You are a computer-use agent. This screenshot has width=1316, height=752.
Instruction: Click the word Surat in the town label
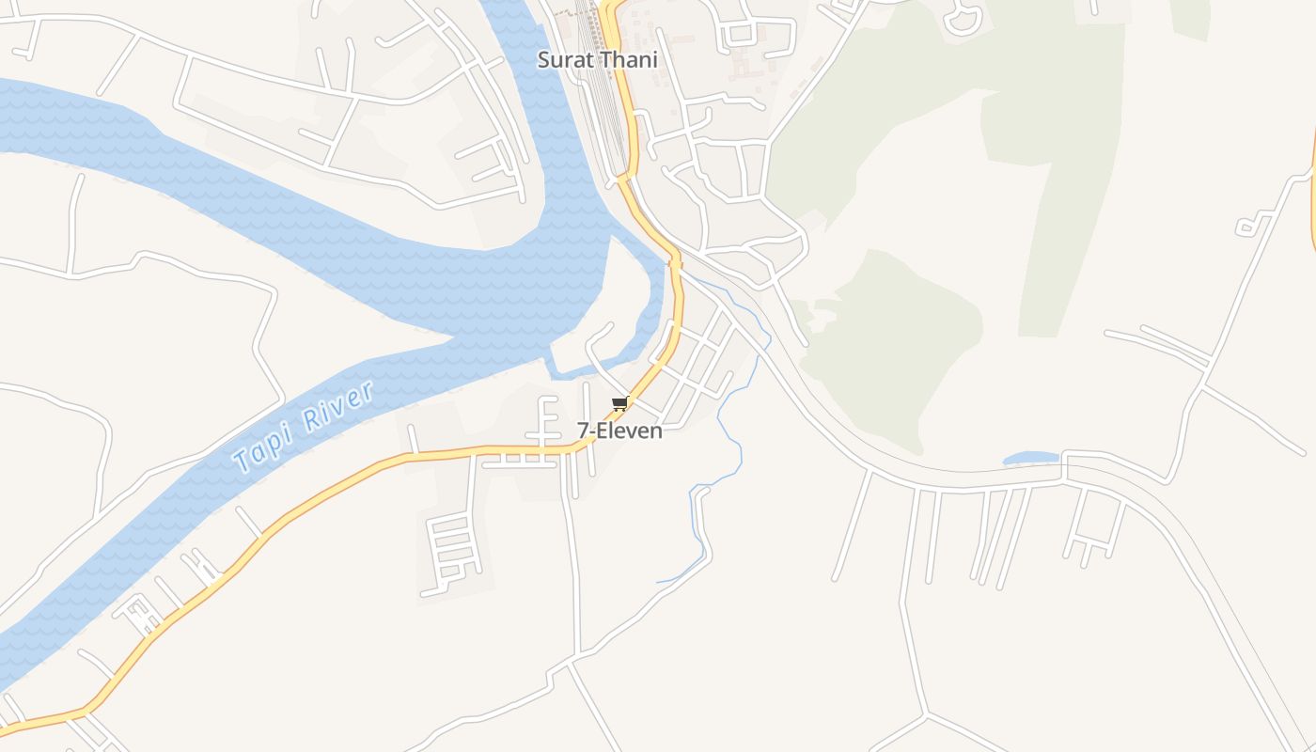[562, 60]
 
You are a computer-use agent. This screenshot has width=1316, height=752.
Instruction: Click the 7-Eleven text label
[619, 431]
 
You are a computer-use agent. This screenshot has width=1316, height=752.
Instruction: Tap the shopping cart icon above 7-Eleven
[619, 404]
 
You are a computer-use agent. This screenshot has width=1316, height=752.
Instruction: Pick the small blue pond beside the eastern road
[1030, 459]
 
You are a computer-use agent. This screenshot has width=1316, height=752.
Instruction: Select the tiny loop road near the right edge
[1247, 227]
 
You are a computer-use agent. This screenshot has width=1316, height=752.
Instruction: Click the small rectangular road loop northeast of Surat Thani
[741, 35]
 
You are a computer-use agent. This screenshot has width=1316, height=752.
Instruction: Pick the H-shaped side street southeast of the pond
[1095, 526]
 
